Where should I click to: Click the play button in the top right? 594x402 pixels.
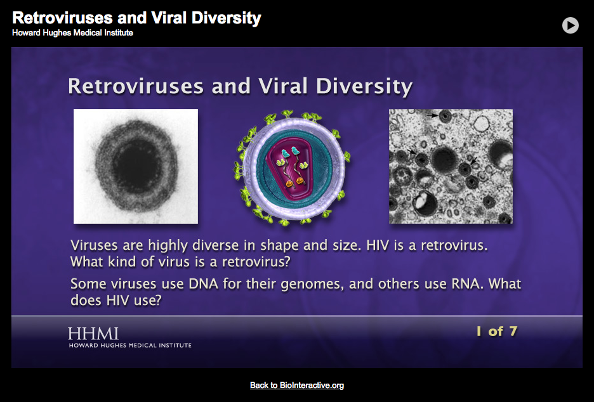570,25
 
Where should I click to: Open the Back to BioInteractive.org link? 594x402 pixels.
297,385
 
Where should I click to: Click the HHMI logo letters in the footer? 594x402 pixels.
93,333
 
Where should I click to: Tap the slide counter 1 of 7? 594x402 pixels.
497,330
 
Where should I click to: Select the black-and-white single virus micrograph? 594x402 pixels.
136,166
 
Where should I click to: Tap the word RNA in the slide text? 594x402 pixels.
466,284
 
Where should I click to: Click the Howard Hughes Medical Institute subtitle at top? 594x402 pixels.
72,32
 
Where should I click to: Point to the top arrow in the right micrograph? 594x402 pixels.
434,115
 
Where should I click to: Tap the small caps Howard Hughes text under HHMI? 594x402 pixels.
129,345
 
